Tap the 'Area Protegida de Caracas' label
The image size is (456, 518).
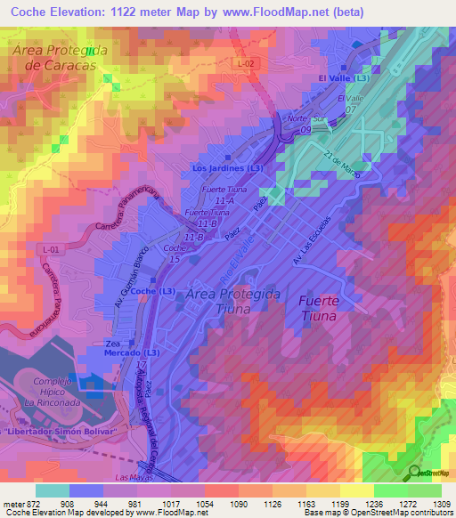pyautogui.click(x=60, y=58)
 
